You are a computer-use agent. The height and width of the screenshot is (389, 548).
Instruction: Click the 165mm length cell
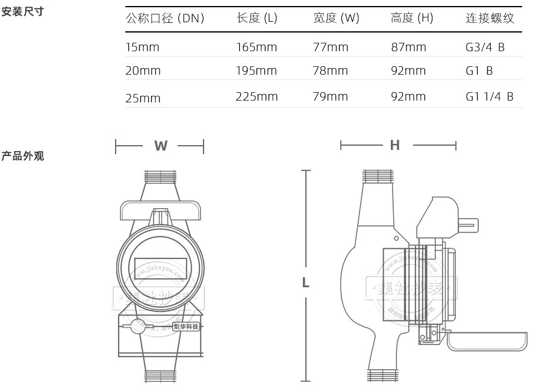coord(257,47)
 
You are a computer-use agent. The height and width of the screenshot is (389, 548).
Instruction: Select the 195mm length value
coord(257,70)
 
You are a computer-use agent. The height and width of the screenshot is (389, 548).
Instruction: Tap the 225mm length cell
coord(257,96)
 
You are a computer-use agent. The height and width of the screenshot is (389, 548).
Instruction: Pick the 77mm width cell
coord(331,47)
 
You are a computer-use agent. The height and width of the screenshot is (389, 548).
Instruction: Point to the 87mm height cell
coord(408,47)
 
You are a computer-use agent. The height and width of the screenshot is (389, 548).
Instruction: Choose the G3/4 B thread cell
coord(485,47)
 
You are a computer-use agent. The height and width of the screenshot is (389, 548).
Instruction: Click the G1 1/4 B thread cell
coord(490,96)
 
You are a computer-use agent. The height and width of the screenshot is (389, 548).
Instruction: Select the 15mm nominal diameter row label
coord(143,47)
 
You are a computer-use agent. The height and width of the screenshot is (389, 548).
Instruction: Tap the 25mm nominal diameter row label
coord(143,98)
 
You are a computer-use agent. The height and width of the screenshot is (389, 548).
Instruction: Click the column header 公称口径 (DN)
coord(165,18)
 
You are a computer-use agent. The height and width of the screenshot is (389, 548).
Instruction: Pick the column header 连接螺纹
coord(490,18)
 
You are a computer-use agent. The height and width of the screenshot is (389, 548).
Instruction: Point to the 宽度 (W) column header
coord(336,18)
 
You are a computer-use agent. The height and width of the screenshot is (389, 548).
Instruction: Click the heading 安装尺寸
coord(23,11)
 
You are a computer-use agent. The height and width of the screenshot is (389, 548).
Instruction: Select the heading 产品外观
coord(23,157)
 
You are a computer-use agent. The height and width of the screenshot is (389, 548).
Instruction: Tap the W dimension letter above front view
coord(161,146)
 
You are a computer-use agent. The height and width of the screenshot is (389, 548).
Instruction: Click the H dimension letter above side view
coord(395,145)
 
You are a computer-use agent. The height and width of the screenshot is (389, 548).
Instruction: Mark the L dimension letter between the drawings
coord(306,282)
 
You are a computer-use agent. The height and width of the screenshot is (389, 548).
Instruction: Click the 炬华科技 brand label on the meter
coord(186,326)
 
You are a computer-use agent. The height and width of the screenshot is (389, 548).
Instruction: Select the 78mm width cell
coord(331,70)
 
